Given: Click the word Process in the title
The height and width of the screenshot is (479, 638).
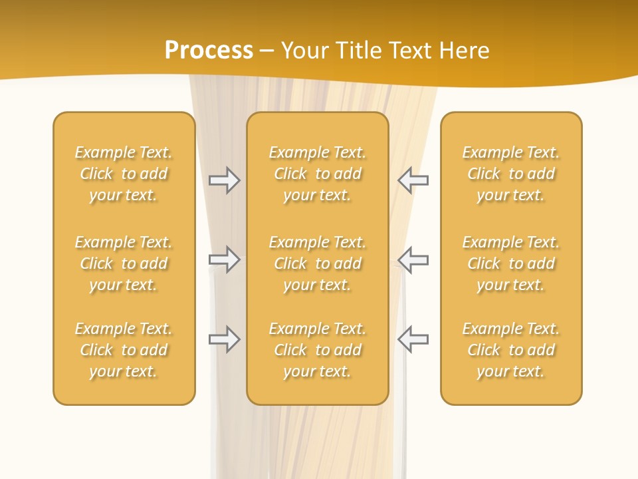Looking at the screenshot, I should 209,51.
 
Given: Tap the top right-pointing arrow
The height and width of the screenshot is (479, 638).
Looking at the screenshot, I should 224,180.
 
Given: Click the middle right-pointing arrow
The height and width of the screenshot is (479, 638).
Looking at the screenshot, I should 224,259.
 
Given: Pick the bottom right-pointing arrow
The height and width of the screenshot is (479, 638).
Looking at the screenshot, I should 224,339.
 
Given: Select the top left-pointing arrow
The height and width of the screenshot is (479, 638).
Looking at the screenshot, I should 413,180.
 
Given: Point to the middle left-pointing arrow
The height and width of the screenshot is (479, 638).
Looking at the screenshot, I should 413,259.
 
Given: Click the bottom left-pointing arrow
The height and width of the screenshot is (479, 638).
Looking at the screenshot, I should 413,339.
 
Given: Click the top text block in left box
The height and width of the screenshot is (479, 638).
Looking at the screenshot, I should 124,174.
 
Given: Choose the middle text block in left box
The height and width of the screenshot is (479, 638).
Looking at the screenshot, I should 124,263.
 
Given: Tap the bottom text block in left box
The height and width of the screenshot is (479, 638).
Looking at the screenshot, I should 124,350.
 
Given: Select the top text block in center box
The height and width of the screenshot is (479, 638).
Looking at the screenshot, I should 317,174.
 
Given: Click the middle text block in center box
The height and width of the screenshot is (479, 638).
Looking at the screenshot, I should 317,263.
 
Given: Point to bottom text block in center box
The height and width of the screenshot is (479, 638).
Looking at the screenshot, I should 317,350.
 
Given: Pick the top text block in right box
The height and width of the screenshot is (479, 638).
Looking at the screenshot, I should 511,174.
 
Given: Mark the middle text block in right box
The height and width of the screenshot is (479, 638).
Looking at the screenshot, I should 511,263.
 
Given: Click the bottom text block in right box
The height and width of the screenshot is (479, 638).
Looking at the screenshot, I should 511,350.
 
